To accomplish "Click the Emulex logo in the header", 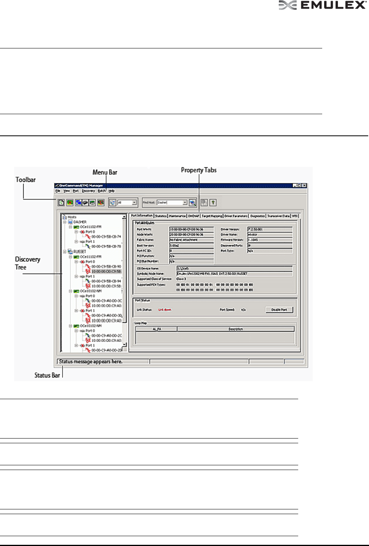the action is (322, 5).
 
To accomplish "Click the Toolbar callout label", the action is (26, 180).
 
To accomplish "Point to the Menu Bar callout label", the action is (105, 172).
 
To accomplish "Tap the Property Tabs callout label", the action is (199, 170).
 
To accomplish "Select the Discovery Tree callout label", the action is (27, 263).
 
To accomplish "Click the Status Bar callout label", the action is (47, 376).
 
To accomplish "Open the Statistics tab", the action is (161, 216).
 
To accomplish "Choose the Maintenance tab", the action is (177, 216).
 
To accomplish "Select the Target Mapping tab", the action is (212, 216).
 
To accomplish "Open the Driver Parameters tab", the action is (236, 216).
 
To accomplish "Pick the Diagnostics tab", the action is (258, 216).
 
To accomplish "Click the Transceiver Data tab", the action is (278, 216).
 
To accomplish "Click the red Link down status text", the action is (165, 310).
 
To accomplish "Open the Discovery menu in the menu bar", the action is (89, 191).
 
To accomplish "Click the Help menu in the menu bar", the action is (112, 191).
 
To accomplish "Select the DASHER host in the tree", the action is (80, 222).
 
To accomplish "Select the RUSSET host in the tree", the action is (80, 252).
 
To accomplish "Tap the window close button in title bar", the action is (304, 185).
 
